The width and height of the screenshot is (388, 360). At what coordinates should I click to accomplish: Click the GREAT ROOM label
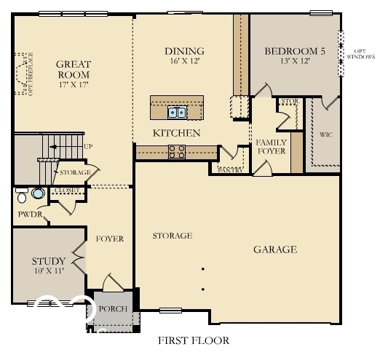(x=73, y=69)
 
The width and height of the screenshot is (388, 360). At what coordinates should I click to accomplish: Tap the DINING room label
(x=184, y=51)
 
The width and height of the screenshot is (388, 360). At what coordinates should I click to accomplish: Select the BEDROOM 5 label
(x=295, y=51)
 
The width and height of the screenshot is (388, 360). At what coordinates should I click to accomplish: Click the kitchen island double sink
(x=177, y=112)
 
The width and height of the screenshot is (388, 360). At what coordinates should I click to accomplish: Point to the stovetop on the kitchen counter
(x=177, y=151)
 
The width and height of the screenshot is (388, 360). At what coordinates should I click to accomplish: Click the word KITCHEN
(x=176, y=133)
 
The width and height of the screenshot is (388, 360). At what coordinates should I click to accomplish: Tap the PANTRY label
(x=231, y=169)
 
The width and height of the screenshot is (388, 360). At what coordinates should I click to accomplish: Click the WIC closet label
(x=325, y=135)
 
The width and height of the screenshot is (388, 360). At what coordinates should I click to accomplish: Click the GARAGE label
(x=274, y=249)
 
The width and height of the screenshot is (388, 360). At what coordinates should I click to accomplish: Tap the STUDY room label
(x=49, y=261)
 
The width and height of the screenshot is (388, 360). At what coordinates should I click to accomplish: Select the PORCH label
(x=113, y=308)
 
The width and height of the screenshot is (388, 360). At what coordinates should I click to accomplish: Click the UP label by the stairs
(x=88, y=146)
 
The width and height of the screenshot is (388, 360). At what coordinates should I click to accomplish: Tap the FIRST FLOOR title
(x=193, y=340)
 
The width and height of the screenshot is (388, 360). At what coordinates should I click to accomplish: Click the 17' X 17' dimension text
(x=73, y=85)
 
